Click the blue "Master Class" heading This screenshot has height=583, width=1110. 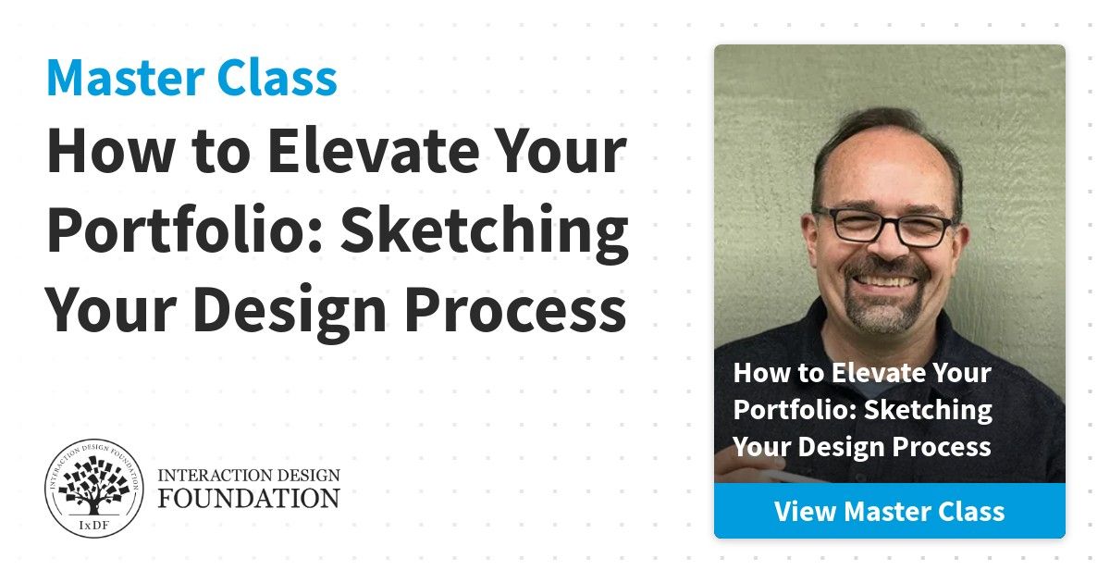coord(191,78)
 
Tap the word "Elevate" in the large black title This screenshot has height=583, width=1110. coord(373,151)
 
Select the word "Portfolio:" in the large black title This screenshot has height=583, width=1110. coord(185,230)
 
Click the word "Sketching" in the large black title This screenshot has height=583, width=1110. coord(485,232)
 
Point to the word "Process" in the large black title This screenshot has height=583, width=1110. coord(516,310)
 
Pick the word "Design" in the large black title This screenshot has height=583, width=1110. coord(290,314)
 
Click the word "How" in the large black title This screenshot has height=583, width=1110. coord(110,151)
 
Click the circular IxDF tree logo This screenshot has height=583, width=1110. coord(94,489)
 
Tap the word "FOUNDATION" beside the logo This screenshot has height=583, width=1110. coord(249,498)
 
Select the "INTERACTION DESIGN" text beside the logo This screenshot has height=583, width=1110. coord(249,475)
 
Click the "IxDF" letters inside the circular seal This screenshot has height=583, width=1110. coord(93,525)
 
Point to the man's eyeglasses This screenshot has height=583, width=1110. coord(883,227)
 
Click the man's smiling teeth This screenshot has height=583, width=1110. coord(884,281)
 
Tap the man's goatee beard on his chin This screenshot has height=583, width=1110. coord(883,313)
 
